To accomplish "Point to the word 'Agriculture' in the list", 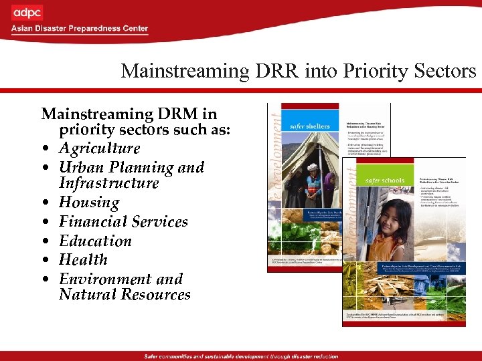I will pos(100,148).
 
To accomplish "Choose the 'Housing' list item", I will pos(89,203).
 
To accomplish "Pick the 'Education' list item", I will pos(96,241).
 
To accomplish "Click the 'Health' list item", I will pos(83,259).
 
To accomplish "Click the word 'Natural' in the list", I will pos(88,295).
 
